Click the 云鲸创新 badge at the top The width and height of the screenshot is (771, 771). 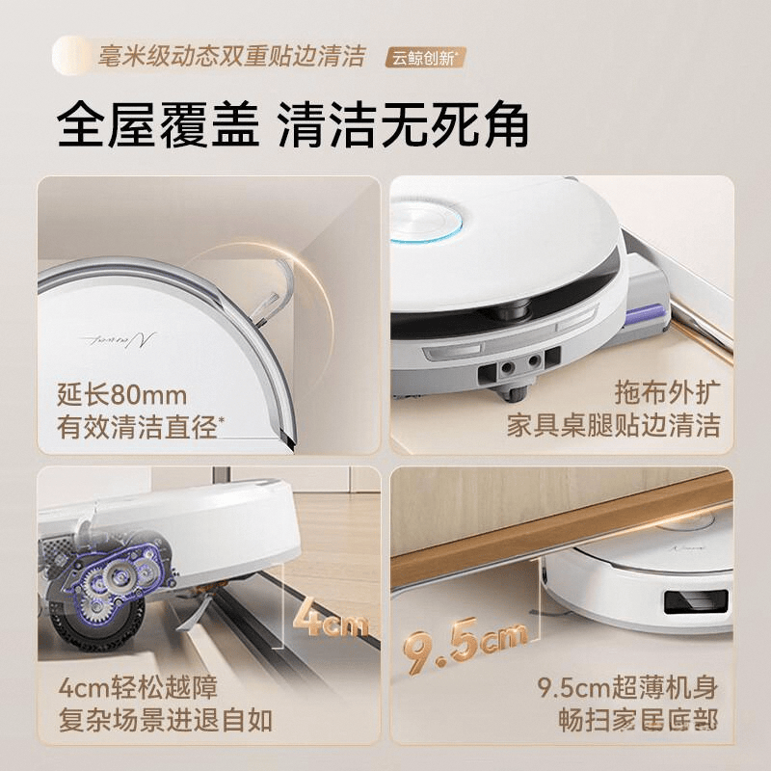[425, 57]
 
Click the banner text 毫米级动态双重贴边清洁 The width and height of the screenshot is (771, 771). [231, 55]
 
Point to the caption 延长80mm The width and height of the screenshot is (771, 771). [121, 395]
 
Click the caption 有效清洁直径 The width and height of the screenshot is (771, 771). [141, 428]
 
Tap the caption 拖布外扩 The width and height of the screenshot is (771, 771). [666, 393]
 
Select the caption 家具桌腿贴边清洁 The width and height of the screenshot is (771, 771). [614, 426]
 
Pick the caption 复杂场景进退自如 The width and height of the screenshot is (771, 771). [165, 720]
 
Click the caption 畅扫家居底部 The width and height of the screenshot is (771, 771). [639, 720]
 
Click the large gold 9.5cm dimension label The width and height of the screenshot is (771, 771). [466, 641]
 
